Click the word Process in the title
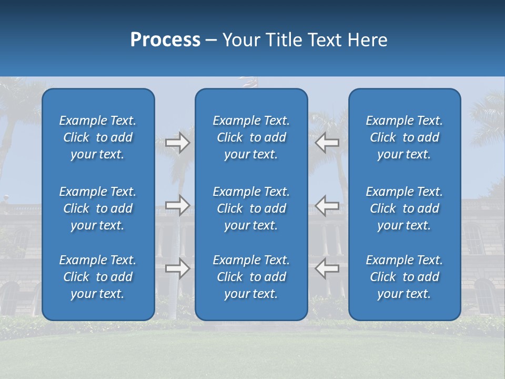click(165, 40)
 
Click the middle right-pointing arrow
click(178, 205)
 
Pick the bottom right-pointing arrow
click(178, 268)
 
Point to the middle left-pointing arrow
click(327, 205)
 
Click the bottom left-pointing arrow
click(327, 268)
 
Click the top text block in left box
click(98, 137)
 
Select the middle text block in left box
click(98, 208)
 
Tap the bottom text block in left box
click(98, 277)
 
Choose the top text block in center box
click(251, 137)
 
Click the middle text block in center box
click(251, 208)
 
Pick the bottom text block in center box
click(251, 277)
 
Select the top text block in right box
click(405, 137)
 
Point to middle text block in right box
click(405, 208)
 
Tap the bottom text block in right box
click(405, 277)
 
